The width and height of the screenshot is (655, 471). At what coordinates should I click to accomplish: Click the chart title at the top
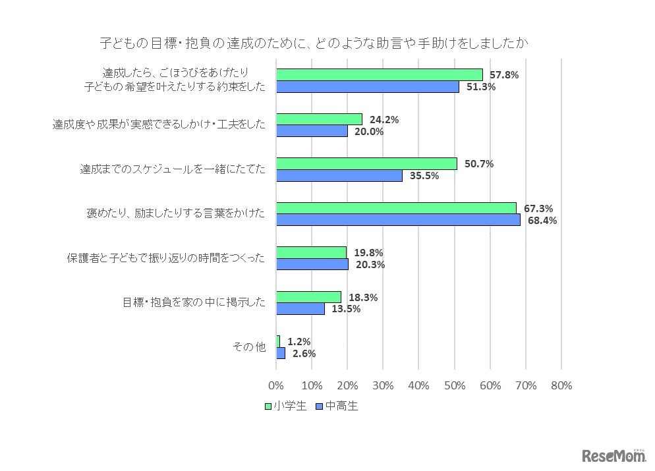pos(314,43)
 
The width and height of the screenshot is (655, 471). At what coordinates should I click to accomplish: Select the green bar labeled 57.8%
pos(379,74)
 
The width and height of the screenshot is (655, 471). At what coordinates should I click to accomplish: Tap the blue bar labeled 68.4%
pos(397,220)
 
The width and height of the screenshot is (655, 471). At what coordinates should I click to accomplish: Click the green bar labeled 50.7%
pos(366,163)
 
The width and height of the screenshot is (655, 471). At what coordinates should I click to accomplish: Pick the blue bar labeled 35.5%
pos(339,175)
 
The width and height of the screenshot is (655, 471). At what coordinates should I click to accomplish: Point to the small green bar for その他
pos(278,341)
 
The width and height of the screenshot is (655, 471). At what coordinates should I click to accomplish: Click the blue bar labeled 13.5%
pos(300,308)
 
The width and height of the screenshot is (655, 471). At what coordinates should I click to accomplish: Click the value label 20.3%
pos(369,265)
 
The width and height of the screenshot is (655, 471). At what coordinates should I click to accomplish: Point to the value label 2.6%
pos(304,353)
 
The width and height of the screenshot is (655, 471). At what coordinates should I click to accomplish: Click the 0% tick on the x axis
pos(276,385)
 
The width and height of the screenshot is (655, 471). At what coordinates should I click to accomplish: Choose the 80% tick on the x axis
pos(561,385)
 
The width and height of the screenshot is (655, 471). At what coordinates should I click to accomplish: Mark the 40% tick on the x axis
pos(418,385)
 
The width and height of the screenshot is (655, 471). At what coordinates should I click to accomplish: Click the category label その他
pos(249,347)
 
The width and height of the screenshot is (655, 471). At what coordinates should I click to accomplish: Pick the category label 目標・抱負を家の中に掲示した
pos(194,302)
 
